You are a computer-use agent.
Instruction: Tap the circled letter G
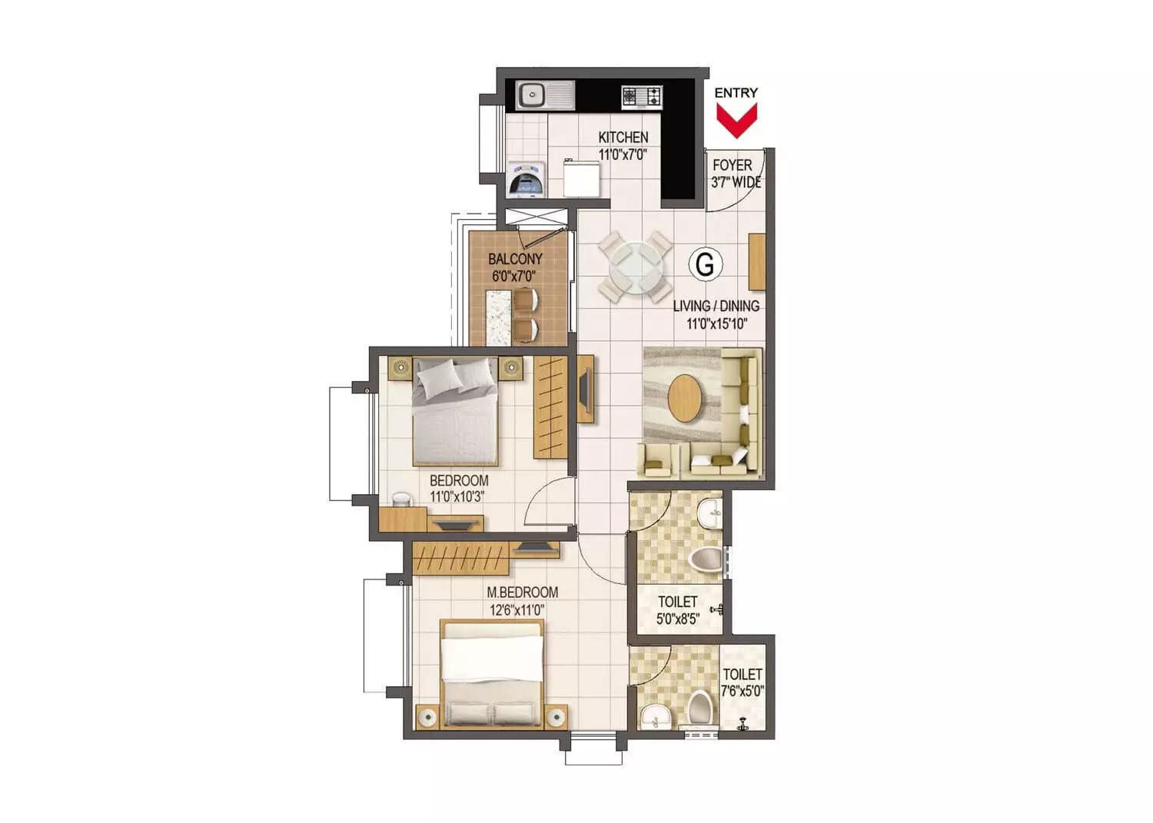coord(705,264)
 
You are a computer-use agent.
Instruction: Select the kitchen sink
coord(546,95)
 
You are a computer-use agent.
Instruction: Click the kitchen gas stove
coord(641,97)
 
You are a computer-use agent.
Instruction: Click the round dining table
coord(635,266)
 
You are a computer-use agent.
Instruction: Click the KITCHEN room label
coord(623,138)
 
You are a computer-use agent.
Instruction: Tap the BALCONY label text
coord(515,259)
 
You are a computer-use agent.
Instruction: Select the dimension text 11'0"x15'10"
coord(716,324)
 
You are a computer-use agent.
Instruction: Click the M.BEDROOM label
coord(523,592)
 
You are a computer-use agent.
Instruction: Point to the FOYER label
coord(732,165)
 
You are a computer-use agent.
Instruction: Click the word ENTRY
coord(736,93)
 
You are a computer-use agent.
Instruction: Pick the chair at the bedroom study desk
coord(402,499)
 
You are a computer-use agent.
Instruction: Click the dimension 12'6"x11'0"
coord(517,611)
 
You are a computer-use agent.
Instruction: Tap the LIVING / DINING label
coord(716,306)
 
